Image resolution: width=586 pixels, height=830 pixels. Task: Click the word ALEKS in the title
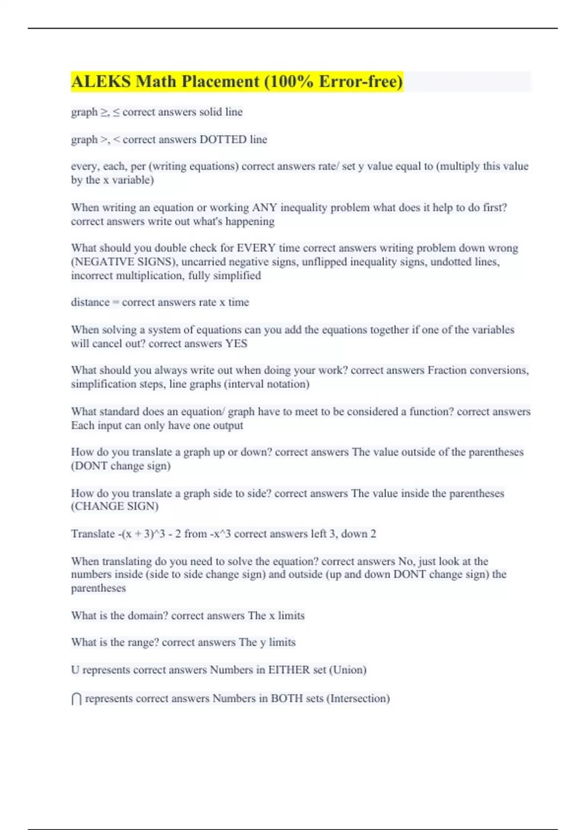coord(101,82)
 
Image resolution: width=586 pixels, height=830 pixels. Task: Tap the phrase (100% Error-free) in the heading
coord(334,82)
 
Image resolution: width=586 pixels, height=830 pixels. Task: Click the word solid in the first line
coord(210,112)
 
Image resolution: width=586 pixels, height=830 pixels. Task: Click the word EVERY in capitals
coord(256,248)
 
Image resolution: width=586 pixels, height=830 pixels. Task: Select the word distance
coord(90,302)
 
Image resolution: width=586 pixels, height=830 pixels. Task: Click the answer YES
coord(236,344)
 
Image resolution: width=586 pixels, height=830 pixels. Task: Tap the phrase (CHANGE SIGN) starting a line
coord(115,506)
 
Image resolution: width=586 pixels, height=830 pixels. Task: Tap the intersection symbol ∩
coord(77,699)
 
